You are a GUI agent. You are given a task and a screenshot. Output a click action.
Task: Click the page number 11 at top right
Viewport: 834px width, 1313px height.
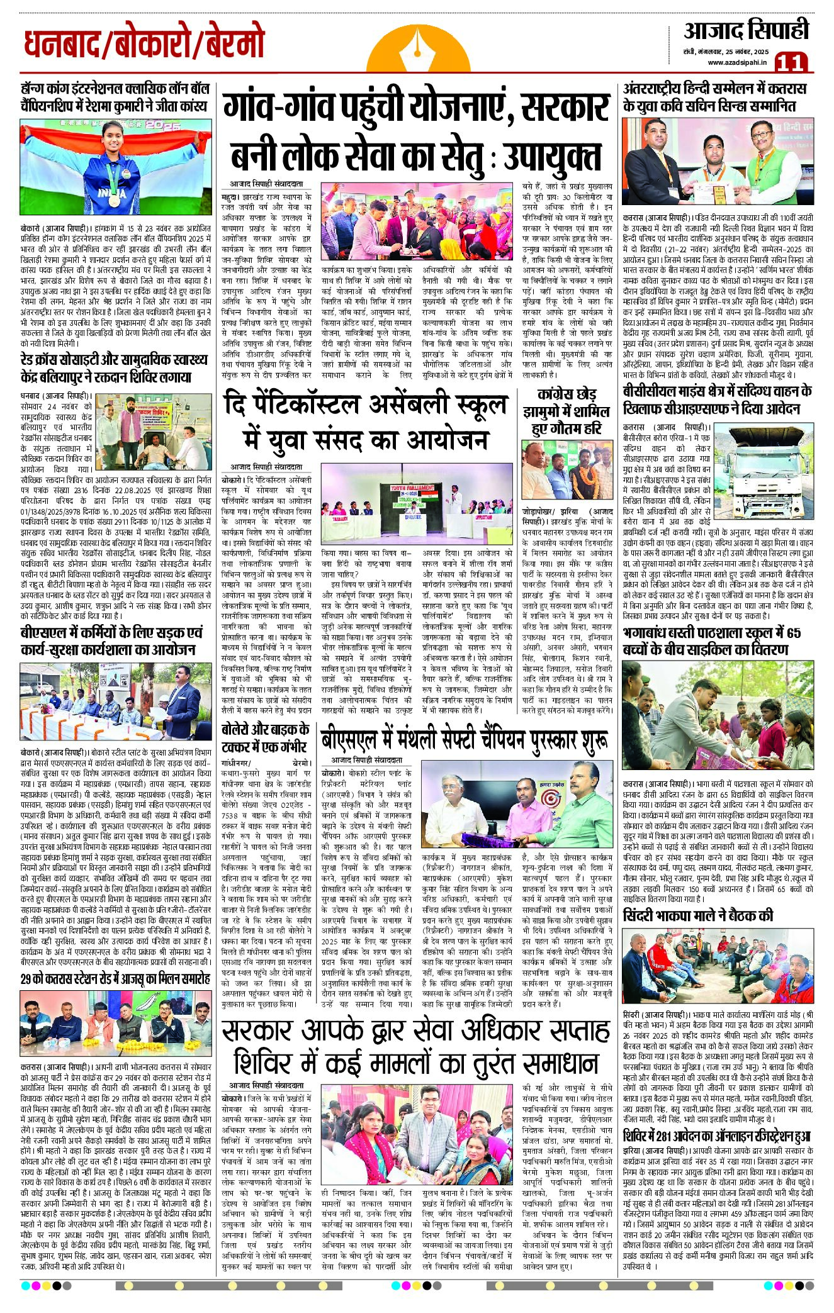(791, 62)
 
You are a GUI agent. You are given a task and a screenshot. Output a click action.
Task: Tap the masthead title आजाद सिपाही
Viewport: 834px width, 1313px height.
(746, 31)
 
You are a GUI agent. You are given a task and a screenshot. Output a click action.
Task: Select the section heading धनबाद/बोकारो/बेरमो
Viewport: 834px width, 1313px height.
(145, 45)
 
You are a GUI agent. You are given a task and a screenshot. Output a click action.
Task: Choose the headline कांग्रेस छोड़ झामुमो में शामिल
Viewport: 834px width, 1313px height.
(566, 412)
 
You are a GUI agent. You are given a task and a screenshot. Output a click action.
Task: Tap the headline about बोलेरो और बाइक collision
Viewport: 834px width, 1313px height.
(265, 738)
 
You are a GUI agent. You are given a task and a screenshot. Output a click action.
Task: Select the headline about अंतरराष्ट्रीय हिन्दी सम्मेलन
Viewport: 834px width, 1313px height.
(714, 98)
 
